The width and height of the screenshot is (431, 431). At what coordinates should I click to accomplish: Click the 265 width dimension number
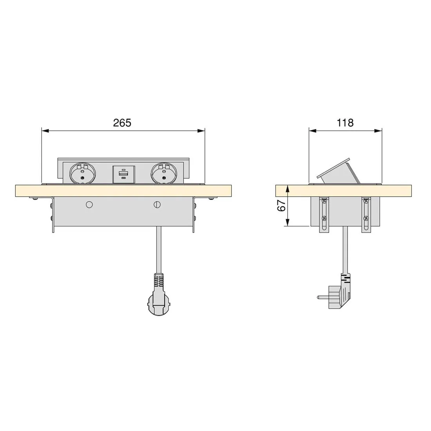(x=122, y=123)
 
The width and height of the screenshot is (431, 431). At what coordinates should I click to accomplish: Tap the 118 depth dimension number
(x=345, y=123)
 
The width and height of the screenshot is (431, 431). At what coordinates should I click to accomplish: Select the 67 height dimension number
(x=281, y=206)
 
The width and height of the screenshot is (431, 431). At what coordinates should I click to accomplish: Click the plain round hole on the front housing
(x=89, y=204)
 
